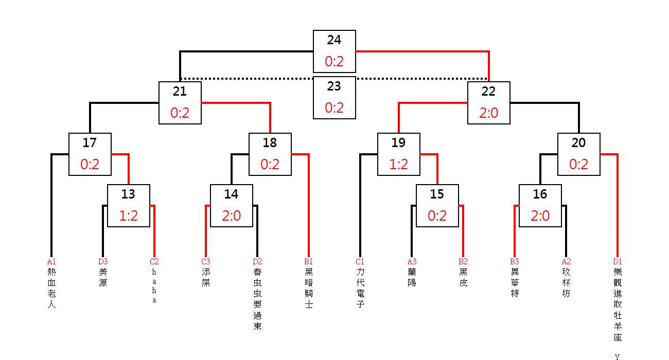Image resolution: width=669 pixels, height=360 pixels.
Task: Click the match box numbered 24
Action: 334,51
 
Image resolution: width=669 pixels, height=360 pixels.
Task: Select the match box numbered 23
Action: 334,98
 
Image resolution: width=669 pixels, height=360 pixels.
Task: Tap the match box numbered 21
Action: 180,103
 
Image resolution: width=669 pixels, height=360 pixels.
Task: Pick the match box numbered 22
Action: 489,103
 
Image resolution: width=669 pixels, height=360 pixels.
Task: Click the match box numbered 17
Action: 90,154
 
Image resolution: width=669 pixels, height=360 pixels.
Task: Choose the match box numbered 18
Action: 270,154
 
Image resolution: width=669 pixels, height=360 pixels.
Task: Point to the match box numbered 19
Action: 399,154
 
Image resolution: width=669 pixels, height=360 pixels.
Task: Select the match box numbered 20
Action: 579,154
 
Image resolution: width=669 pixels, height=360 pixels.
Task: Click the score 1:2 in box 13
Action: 129,216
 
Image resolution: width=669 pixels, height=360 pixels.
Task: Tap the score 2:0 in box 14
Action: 232,216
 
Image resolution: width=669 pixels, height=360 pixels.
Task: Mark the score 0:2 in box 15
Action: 437,216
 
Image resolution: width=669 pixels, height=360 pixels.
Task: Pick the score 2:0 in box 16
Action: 540,216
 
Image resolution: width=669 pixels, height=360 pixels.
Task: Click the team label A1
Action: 51,262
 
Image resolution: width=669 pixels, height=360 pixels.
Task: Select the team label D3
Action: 103,262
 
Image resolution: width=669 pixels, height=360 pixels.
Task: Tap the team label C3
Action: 206,262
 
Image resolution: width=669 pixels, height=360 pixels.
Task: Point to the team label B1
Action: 309,262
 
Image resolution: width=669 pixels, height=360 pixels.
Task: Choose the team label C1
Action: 360,262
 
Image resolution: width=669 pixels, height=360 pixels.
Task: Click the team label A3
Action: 412,262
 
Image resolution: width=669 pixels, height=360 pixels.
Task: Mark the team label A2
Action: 566,262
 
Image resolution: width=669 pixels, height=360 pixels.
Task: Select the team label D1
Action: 618,262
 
